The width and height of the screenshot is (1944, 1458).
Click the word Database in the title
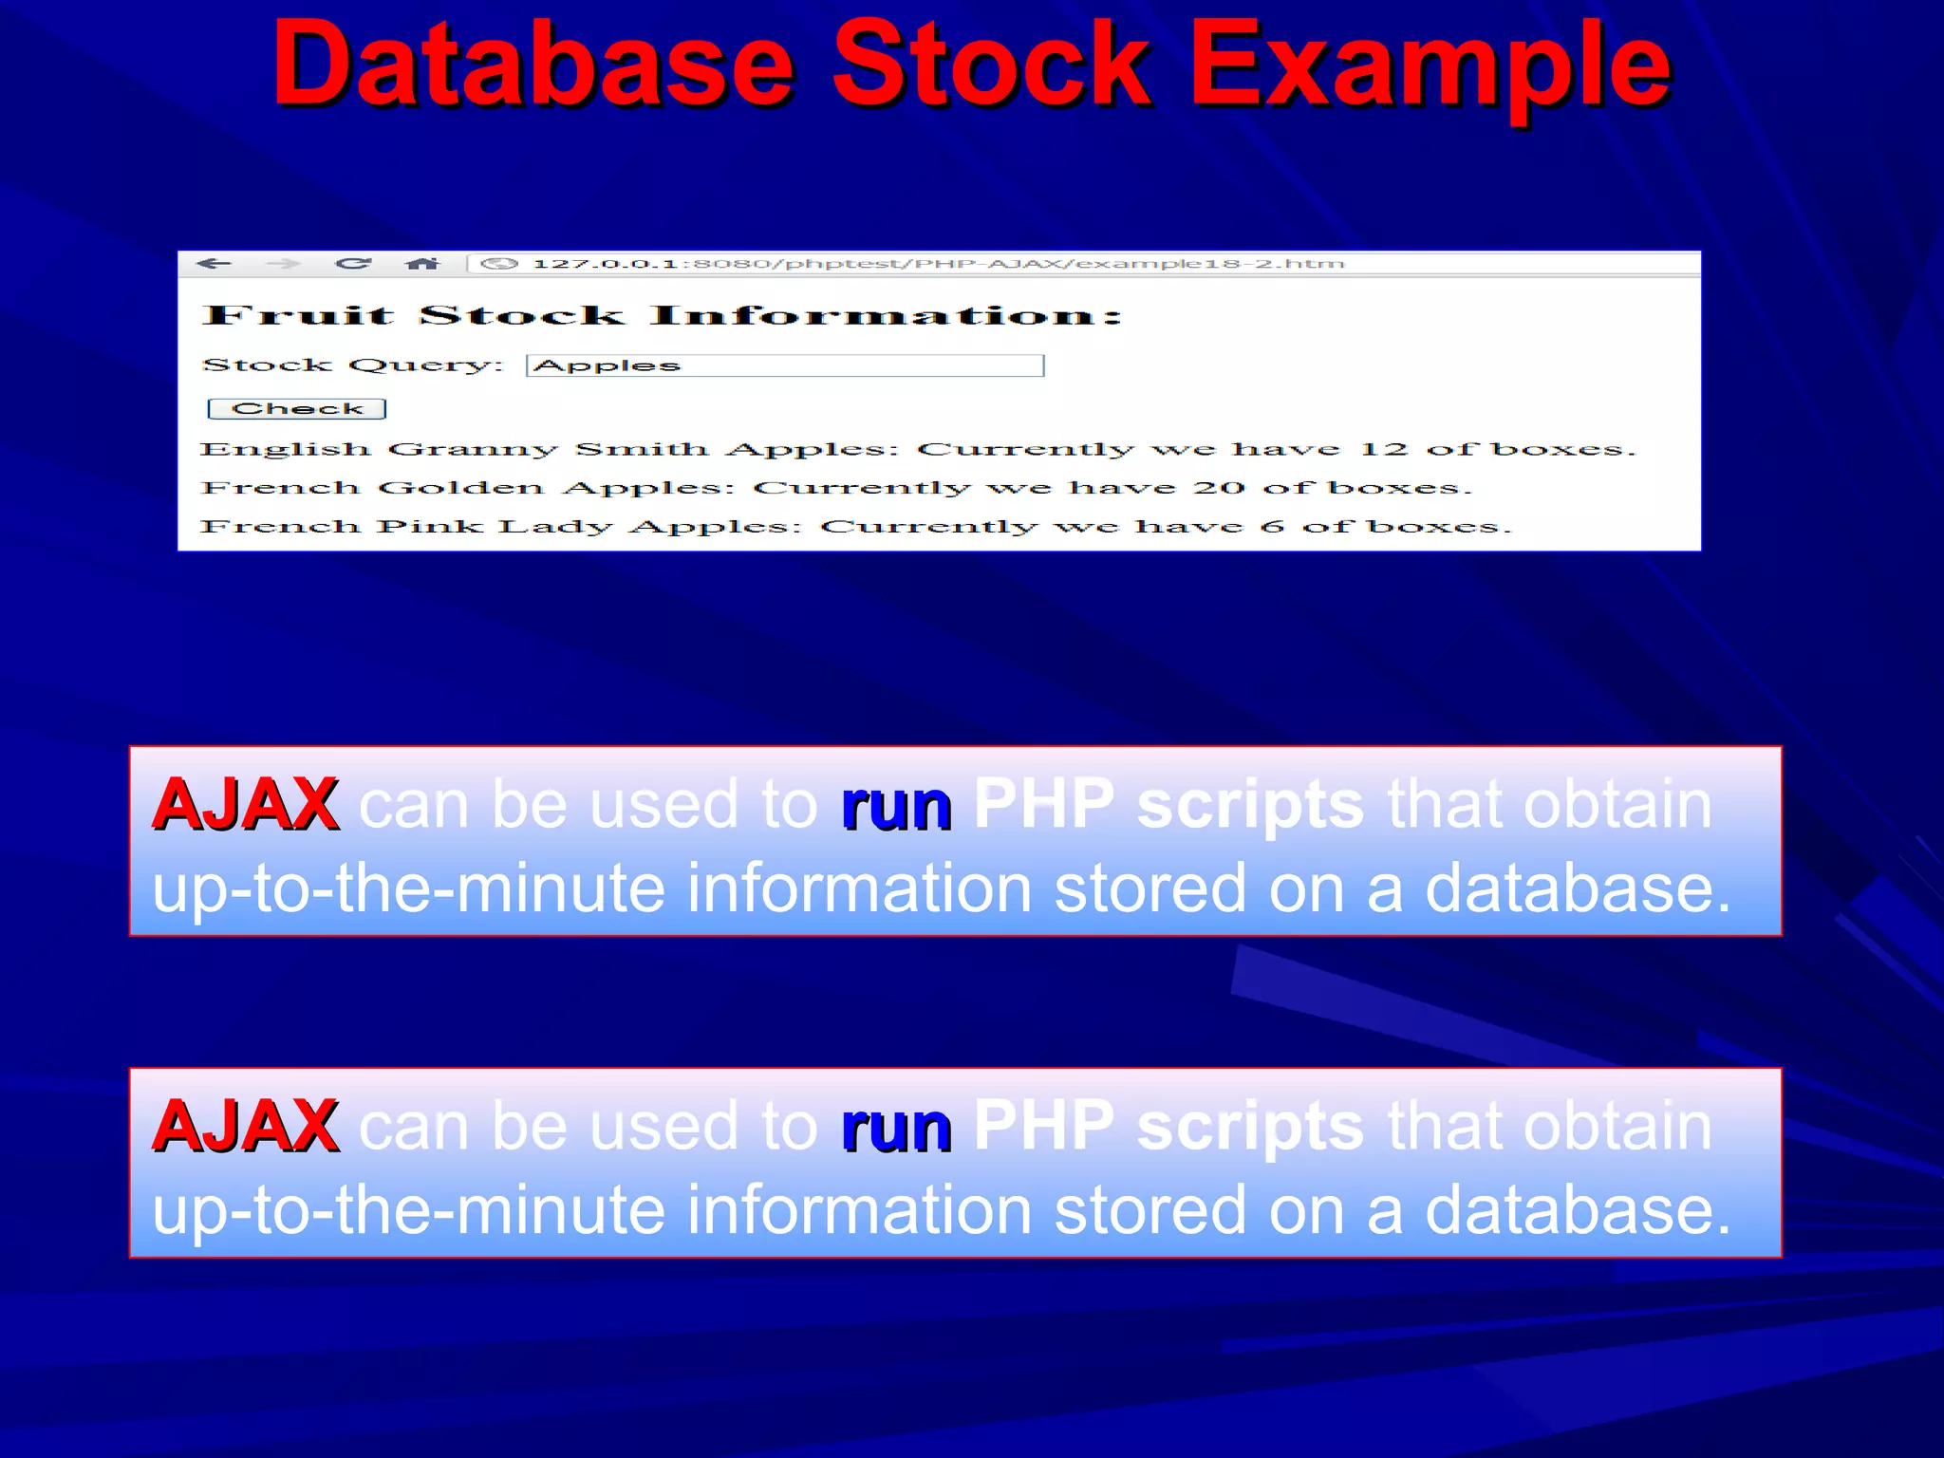[533, 66]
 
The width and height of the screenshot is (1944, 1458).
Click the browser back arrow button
[215, 264]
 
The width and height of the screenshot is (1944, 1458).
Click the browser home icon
[422, 264]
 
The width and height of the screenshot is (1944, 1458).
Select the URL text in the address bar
[938, 264]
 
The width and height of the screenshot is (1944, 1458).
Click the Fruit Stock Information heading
[662, 315]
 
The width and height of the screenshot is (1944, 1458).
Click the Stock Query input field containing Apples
[785, 365]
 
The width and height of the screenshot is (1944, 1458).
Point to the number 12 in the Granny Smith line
[1382, 449]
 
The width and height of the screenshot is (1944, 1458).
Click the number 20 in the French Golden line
[1219, 488]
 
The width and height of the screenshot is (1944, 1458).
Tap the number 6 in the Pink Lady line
[1272, 527]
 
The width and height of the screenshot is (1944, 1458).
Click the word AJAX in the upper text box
[246, 805]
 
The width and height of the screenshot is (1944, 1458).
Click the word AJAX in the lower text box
[246, 1127]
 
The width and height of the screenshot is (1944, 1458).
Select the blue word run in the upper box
[895, 807]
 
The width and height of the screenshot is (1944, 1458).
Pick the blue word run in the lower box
[895, 1129]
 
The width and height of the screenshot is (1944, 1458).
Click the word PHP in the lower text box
[1042, 1127]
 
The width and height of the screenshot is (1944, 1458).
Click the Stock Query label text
[352, 365]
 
